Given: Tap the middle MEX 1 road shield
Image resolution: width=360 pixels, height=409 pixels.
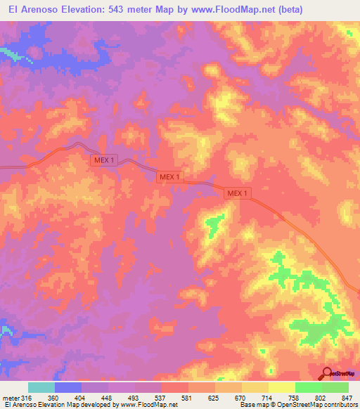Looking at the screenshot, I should pos(169,177).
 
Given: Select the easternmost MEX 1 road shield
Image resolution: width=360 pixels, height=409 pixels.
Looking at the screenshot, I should pos(237,193).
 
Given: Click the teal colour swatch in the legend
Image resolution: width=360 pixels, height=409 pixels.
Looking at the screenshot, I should pos(41,387).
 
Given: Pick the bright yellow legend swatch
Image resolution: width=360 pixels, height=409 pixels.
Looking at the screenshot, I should pos(281,387).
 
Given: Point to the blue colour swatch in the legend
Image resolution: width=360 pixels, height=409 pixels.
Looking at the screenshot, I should pos(68,387).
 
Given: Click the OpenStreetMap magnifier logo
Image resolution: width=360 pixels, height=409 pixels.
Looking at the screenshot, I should pos(327,374).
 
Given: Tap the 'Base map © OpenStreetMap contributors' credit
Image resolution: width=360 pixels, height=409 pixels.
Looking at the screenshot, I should pos(297,405).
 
